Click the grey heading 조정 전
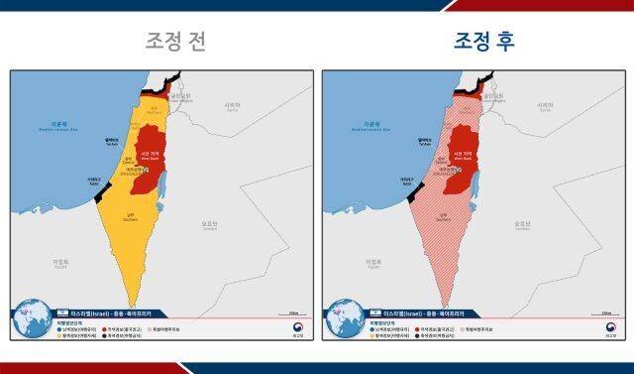(176, 42)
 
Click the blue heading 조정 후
(484, 42)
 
